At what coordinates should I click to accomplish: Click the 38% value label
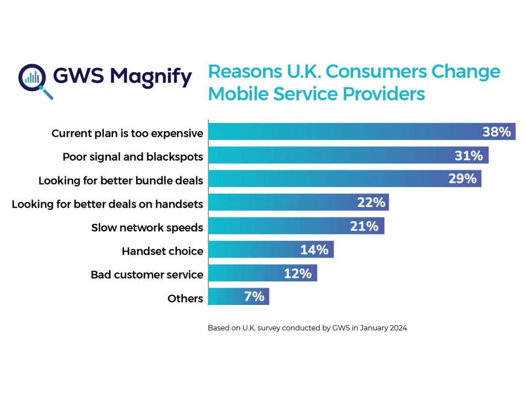tap(497, 132)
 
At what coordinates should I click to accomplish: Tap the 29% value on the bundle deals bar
tap(462, 179)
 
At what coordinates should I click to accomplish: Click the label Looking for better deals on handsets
tap(107, 204)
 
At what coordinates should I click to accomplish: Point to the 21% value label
tap(364, 226)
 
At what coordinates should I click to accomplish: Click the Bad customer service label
tap(147, 274)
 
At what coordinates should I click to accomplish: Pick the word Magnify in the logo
tap(151, 77)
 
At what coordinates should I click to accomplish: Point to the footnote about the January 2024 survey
tap(307, 328)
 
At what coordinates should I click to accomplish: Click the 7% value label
tap(254, 297)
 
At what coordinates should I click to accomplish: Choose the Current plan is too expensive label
tap(127, 133)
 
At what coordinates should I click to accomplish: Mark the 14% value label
tap(314, 250)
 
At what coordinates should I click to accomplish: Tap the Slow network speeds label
tap(147, 228)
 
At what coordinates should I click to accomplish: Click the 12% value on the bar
tap(298, 273)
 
